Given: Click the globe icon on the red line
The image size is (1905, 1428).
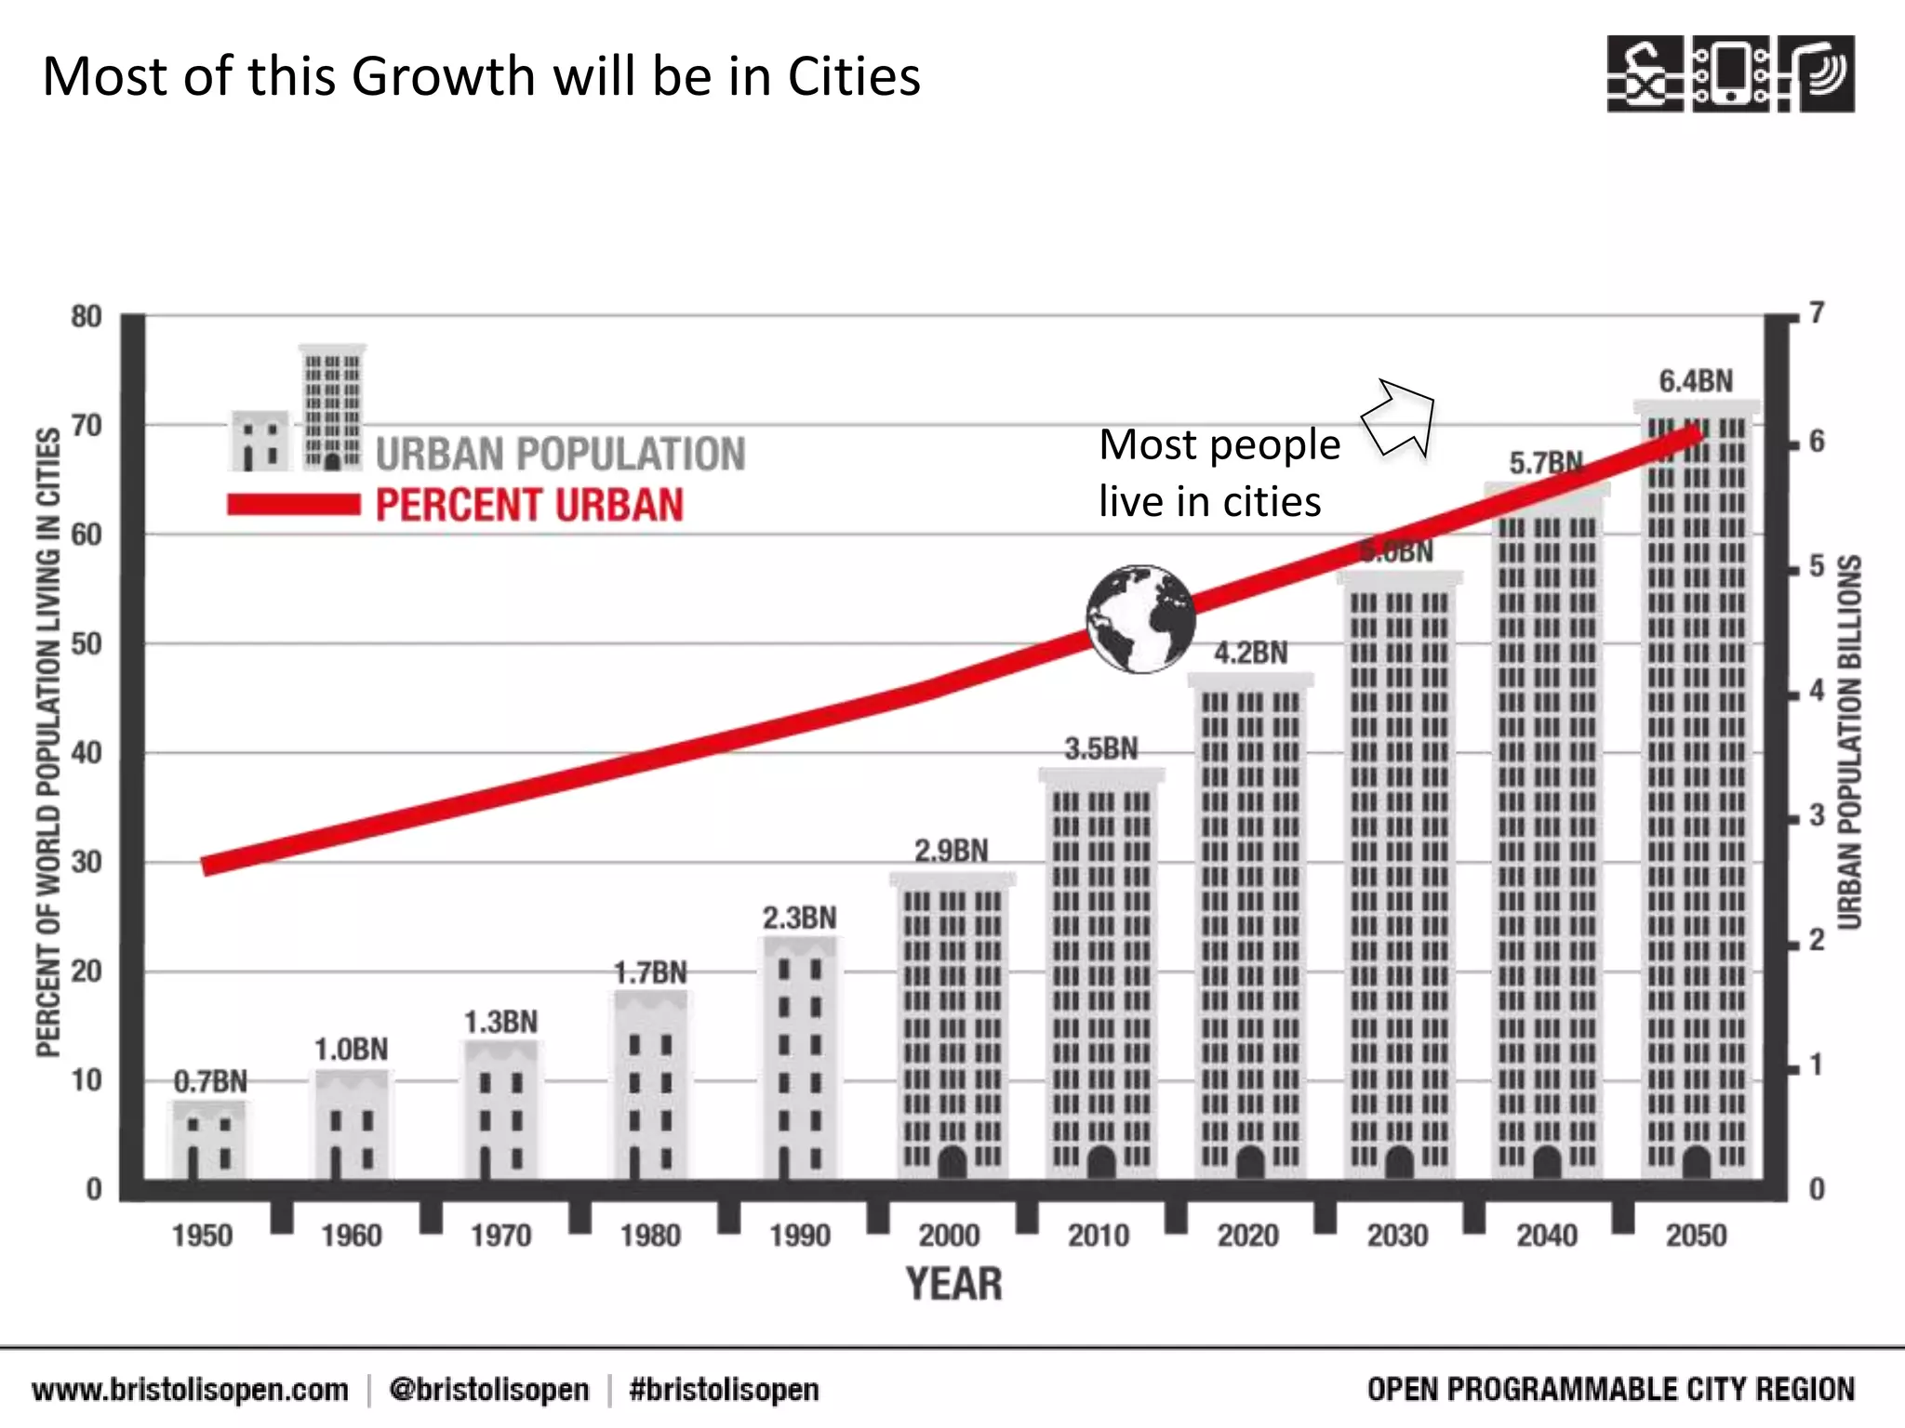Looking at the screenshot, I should click(x=1140, y=618).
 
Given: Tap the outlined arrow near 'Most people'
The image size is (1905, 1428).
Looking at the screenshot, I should click(x=1401, y=419).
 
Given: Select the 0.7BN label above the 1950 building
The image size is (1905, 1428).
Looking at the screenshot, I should click(x=211, y=1081).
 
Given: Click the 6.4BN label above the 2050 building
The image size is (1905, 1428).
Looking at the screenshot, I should click(x=1696, y=381).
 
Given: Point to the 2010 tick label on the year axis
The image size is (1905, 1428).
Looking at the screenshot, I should click(x=1099, y=1236).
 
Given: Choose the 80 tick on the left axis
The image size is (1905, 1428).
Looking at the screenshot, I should click(x=87, y=317).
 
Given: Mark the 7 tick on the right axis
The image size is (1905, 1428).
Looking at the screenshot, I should click(x=1817, y=314).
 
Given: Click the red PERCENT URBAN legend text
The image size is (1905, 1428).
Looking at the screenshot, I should click(x=529, y=506).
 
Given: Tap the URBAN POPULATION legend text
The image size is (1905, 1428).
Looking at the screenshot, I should click(x=560, y=455).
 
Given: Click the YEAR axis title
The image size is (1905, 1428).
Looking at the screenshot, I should click(x=954, y=1285).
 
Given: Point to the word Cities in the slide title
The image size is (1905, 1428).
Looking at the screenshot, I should click(x=854, y=76).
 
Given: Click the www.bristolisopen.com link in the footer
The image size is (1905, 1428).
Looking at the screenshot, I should click(x=191, y=1390).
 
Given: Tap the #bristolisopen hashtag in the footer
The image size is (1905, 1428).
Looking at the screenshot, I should click(x=724, y=1390).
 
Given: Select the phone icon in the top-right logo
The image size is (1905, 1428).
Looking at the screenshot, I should click(x=1731, y=74).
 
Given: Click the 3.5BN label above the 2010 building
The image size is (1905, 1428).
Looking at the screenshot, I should click(x=1101, y=748).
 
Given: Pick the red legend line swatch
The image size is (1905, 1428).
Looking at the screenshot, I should click(x=294, y=505).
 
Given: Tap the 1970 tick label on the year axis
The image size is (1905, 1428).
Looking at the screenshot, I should click(x=500, y=1236).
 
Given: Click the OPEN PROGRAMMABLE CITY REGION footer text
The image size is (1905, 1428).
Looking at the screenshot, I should click(x=1610, y=1390).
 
